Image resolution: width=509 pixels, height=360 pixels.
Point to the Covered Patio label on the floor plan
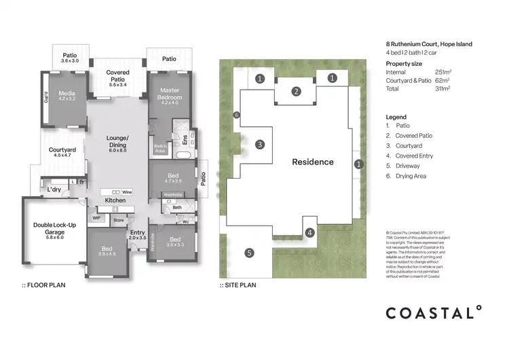(117, 76)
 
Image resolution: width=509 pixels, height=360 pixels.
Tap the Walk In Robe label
(161, 147)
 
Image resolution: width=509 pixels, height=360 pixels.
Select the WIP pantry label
(96, 218)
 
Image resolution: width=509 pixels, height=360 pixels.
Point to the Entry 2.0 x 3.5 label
(137, 236)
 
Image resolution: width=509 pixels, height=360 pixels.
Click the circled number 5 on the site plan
(249, 253)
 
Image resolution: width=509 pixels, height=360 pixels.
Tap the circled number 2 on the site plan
(296, 92)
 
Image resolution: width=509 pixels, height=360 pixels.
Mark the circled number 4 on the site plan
(309, 233)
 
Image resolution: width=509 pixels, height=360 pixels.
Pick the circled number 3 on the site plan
(259, 144)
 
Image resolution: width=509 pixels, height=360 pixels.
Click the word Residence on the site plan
(313, 162)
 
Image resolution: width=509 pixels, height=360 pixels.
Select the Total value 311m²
(445, 88)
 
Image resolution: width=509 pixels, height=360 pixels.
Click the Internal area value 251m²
(445, 71)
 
